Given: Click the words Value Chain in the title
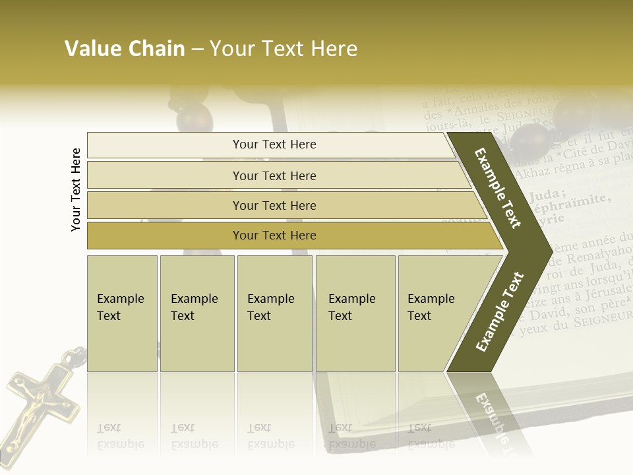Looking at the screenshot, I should click(x=125, y=49).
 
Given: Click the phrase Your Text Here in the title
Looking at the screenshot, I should click(x=284, y=49).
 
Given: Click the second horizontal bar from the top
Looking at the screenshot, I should click(x=274, y=175).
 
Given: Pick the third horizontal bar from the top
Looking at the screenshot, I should click(x=274, y=205).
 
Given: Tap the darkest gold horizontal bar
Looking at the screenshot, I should click(x=274, y=236).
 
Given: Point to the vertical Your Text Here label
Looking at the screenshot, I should click(x=76, y=189).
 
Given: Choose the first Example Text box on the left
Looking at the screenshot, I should click(x=122, y=313).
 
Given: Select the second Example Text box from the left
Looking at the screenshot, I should click(x=196, y=313).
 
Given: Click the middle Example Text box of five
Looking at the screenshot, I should click(x=274, y=313).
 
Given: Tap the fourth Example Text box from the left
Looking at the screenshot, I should click(x=355, y=313).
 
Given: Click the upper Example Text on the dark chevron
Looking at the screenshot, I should click(x=498, y=188).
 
